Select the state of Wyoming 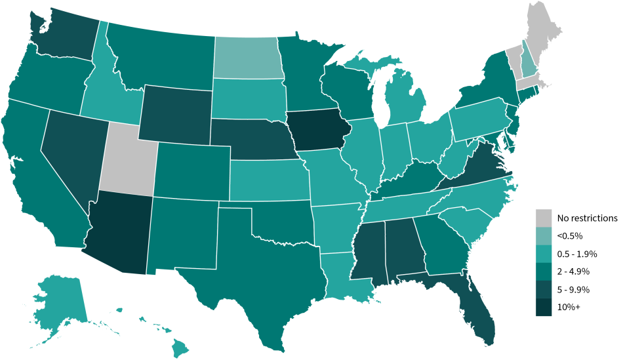click(x=174, y=108)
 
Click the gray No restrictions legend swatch click(x=543, y=218)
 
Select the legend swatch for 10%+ click(x=543, y=307)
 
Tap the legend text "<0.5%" click(x=570, y=235)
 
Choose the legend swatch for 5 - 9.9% click(x=543, y=289)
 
